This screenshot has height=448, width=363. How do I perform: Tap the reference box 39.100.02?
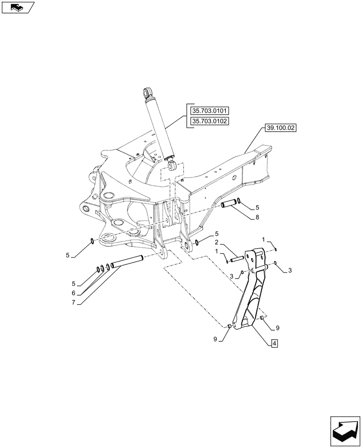point(280,128)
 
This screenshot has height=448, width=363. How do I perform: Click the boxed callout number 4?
point(274,344)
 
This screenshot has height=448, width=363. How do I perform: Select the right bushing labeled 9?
point(262,318)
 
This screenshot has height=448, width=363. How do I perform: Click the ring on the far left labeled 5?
point(92,242)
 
